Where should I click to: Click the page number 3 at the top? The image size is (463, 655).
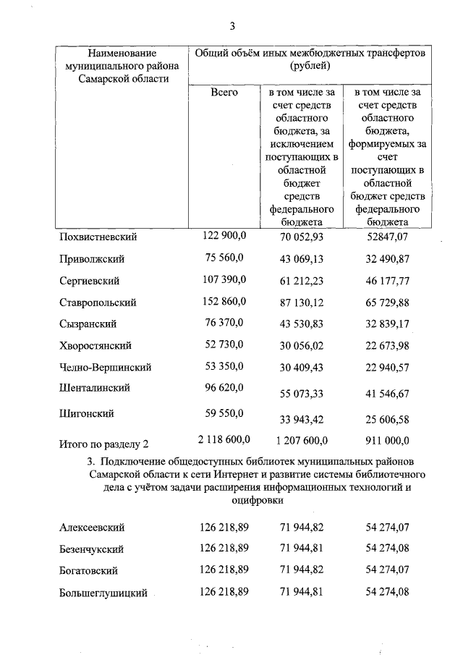(232, 27)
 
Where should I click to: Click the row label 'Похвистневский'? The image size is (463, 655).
(98, 237)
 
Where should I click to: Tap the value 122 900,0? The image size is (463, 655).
(224, 235)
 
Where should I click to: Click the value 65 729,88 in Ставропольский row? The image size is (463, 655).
(388, 303)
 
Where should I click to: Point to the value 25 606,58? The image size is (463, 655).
(388, 419)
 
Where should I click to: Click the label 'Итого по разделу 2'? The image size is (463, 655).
(103, 441)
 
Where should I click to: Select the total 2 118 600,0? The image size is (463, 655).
(224, 439)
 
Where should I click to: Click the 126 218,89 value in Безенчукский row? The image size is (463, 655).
(224, 549)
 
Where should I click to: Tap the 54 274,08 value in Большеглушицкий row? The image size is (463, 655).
(388, 593)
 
